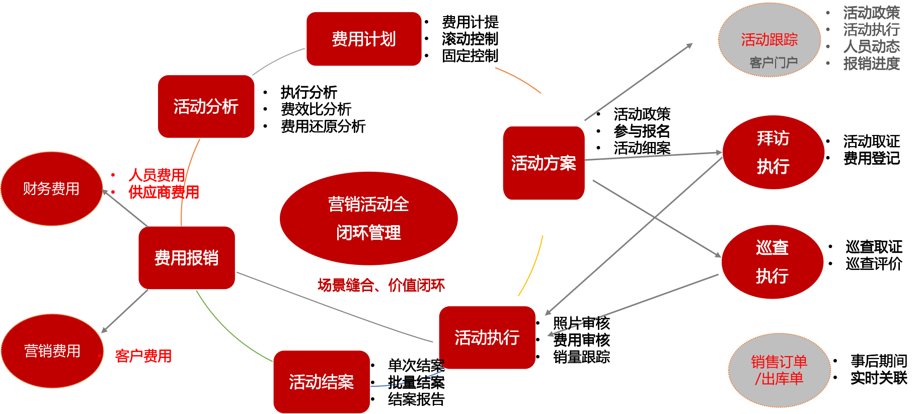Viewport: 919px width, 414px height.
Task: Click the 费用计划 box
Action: (364, 39)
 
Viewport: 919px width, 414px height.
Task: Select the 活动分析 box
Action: (206, 107)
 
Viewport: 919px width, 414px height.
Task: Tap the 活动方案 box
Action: (544, 163)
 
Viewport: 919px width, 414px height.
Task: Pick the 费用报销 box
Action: (187, 258)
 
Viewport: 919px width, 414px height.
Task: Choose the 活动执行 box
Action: (487, 337)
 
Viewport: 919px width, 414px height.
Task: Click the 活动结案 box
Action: (321, 382)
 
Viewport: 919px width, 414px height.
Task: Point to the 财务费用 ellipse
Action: (51, 189)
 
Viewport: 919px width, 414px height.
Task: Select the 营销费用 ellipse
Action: (52, 351)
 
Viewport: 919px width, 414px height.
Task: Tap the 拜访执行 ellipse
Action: (773, 152)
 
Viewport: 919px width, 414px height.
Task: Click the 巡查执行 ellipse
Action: (772, 262)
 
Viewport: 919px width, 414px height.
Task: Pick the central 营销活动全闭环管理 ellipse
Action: (368, 218)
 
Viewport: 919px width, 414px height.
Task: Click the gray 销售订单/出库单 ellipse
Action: (779, 370)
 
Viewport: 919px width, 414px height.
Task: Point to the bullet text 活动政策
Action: (871, 13)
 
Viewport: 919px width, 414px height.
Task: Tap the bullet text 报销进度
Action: (871, 63)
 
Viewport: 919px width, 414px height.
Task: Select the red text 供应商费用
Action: (164, 192)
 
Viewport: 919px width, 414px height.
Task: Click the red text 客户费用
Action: (143, 356)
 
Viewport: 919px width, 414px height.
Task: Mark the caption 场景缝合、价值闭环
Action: (381, 286)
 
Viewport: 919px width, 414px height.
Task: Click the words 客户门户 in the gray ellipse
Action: (774, 62)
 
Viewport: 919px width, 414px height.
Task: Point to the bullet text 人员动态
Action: (871, 46)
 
